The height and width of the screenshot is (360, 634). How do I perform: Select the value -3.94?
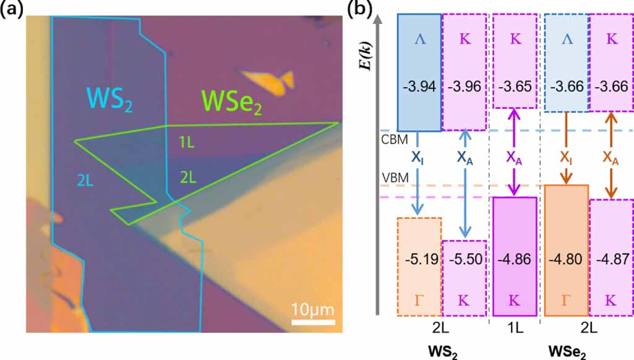point(419,86)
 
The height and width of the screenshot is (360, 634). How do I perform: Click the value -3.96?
point(465,86)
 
